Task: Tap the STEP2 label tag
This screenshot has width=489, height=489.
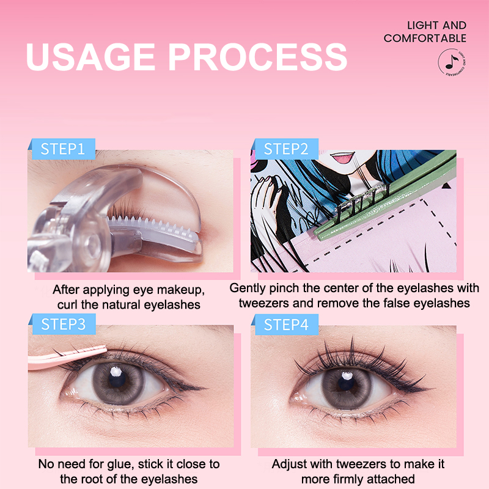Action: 286,149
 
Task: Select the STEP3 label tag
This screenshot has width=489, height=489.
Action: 64,325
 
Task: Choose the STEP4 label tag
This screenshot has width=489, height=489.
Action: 286,325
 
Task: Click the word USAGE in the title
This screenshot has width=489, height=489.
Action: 90,57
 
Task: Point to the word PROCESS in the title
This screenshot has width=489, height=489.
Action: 258,57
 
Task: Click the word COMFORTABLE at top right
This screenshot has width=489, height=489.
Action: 425,39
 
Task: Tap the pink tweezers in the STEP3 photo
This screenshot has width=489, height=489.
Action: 67,358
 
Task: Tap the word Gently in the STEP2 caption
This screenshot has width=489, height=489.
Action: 248,289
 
